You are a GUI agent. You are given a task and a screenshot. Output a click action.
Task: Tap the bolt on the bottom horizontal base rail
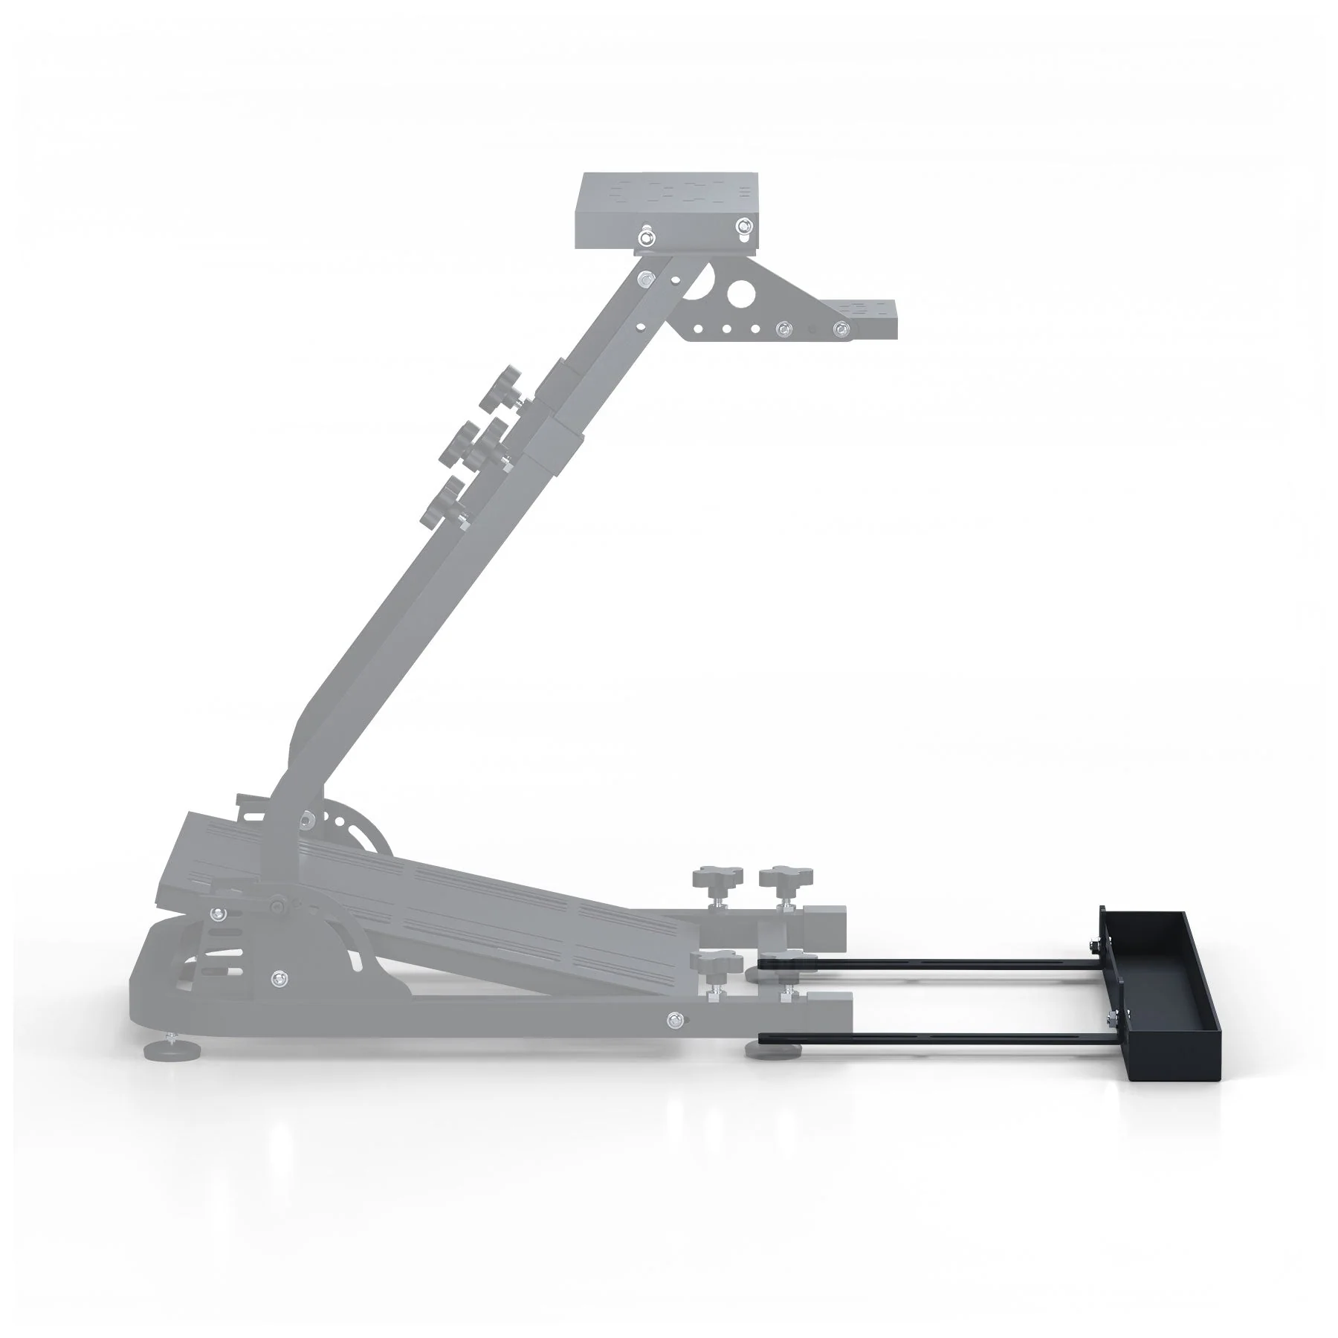tap(673, 1018)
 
